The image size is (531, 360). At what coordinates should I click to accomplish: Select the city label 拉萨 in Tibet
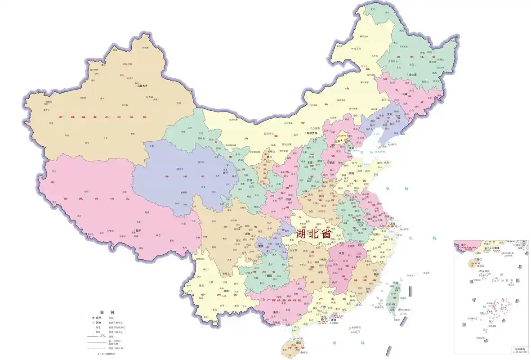[x=138, y=230]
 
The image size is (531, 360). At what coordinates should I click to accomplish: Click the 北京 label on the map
[x=338, y=141]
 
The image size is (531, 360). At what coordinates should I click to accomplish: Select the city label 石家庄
[x=331, y=162]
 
